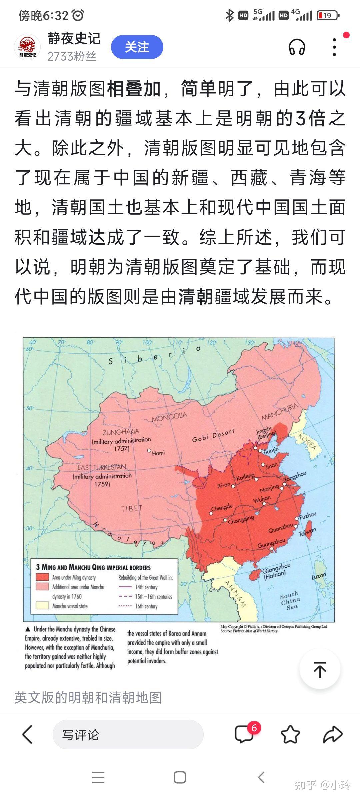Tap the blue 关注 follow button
click(x=137, y=47)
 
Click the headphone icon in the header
click(x=297, y=47)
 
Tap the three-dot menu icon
click(x=334, y=47)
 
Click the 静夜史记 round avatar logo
click(x=27, y=47)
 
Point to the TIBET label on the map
click(x=131, y=509)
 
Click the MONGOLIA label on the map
click(x=169, y=416)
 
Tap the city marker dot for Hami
click(x=150, y=450)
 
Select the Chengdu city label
click(x=222, y=508)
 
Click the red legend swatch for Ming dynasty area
click(x=42, y=577)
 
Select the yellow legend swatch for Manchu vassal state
click(x=42, y=606)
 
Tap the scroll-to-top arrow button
click(x=320, y=669)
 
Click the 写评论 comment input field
click(x=128, y=735)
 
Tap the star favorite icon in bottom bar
click(x=290, y=734)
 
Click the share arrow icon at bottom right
click(x=333, y=734)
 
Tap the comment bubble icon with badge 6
click(x=244, y=734)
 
